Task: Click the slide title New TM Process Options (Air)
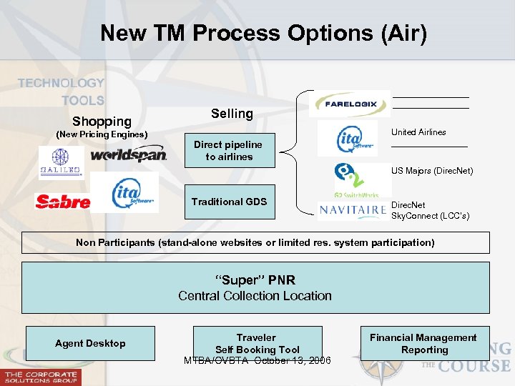click(263, 33)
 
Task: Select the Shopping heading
click(102, 122)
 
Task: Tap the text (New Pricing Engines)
click(102, 134)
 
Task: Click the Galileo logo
click(61, 162)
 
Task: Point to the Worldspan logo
click(129, 154)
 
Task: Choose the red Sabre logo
click(63, 202)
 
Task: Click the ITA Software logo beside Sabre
click(134, 192)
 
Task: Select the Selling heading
click(232, 114)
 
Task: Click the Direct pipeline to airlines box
click(229, 151)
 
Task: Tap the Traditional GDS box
click(229, 202)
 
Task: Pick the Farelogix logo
click(350, 104)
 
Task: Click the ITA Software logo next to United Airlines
click(348, 137)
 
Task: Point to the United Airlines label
click(418, 132)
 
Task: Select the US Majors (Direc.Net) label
click(431, 171)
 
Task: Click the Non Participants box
click(255, 243)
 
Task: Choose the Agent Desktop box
click(90, 344)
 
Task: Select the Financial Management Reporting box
click(424, 344)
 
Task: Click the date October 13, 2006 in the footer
click(295, 360)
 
